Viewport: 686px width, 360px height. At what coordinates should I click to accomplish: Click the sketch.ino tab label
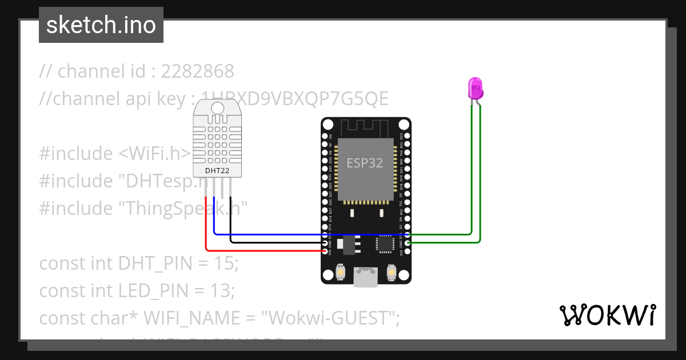(101, 25)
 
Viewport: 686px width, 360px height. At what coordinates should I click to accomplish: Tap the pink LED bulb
(476, 89)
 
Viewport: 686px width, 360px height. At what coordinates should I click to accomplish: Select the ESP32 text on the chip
(365, 163)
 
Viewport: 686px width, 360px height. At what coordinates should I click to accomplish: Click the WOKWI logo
(608, 315)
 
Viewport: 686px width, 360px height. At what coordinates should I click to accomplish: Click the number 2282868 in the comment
(198, 71)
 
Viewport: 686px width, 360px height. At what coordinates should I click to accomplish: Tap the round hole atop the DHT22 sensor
(217, 107)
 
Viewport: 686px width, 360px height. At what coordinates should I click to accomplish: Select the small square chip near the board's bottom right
(384, 245)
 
